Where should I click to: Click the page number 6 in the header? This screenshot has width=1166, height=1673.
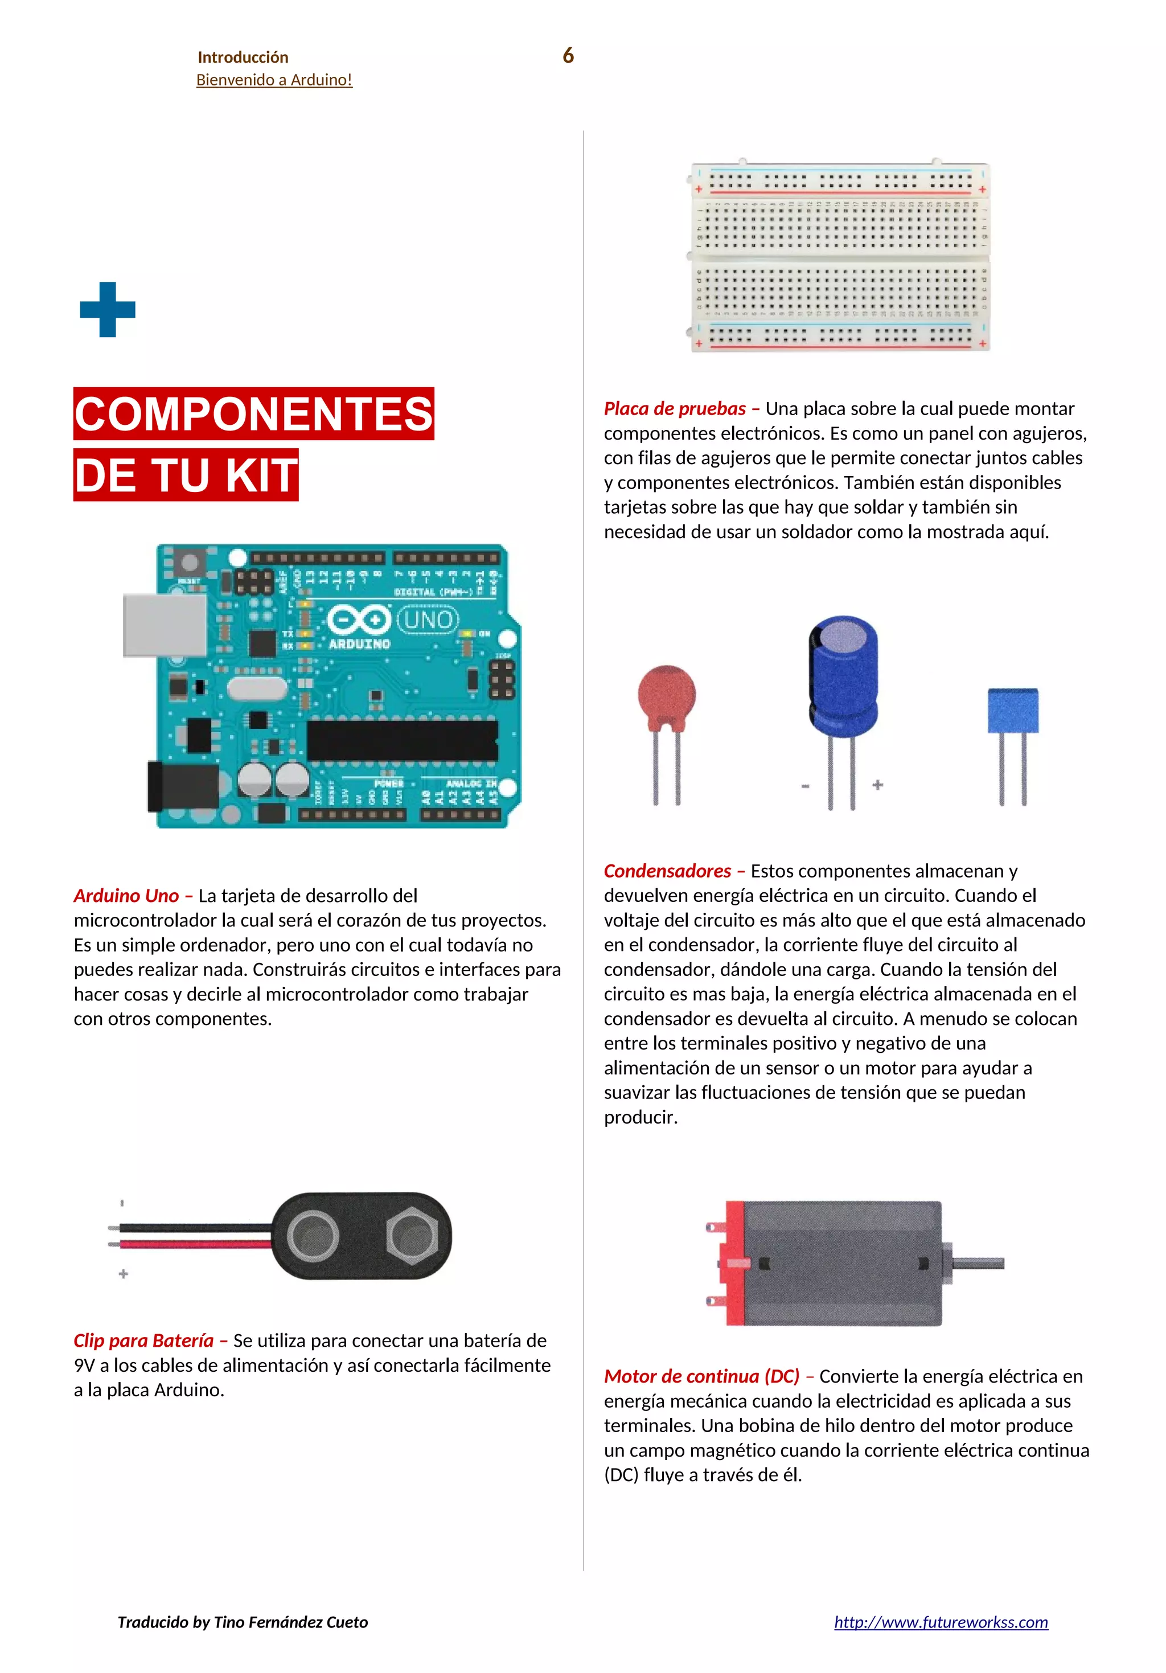pos(568,55)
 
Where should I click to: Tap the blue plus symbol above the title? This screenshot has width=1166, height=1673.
pos(107,309)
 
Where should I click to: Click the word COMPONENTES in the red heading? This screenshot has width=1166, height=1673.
pos(253,413)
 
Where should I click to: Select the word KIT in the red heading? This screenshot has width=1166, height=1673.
pos(261,474)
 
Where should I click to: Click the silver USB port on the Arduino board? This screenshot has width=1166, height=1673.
pos(165,625)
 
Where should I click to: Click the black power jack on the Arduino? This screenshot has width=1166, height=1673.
pos(182,786)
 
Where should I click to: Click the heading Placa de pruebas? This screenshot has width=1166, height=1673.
pos(674,409)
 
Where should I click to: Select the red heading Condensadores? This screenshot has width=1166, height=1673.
pos(667,871)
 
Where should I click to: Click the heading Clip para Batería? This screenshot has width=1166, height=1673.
pos(143,1340)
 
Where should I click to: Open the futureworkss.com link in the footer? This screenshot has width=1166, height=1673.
pos(940,1621)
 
